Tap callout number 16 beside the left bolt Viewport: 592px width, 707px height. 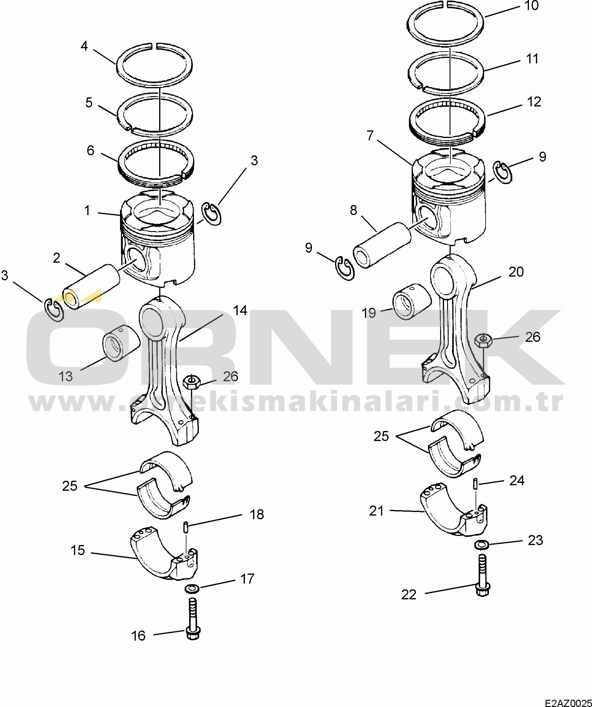click(x=138, y=636)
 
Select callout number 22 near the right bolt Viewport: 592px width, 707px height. click(x=409, y=595)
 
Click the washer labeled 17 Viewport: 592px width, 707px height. click(x=192, y=589)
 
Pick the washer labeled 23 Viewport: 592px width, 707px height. click(x=482, y=544)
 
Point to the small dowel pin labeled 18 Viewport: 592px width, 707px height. click(x=186, y=527)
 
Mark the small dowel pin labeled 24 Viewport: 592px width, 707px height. click(x=475, y=484)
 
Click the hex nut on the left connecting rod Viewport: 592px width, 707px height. click(x=192, y=382)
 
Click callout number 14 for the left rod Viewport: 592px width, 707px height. click(x=240, y=310)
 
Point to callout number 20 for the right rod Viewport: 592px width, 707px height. click(x=516, y=272)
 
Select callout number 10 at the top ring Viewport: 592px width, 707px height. click(x=532, y=6)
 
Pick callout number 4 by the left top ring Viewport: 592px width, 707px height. click(x=84, y=46)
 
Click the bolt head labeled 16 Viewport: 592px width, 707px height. click(x=193, y=634)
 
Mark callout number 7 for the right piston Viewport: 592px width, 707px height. click(x=370, y=136)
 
